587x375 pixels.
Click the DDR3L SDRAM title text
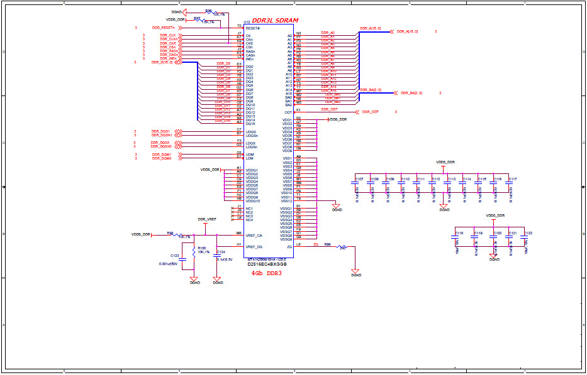coord(275,21)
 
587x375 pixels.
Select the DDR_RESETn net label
coord(163,28)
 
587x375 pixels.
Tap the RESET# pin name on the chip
coord(252,28)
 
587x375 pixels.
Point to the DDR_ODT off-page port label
coord(370,112)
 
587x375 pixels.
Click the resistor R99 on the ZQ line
coord(342,246)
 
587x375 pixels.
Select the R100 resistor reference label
coord(202,248)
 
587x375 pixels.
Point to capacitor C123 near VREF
coord(182,257)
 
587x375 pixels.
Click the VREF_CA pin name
coord(254,235)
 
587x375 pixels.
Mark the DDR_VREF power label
coord(206,219)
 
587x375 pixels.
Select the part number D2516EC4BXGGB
coord(267,264)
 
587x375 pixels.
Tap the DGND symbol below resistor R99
coord(356,272)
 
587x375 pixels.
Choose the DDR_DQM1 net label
coord(162,155)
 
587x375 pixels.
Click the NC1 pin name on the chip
coord(249,209)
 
